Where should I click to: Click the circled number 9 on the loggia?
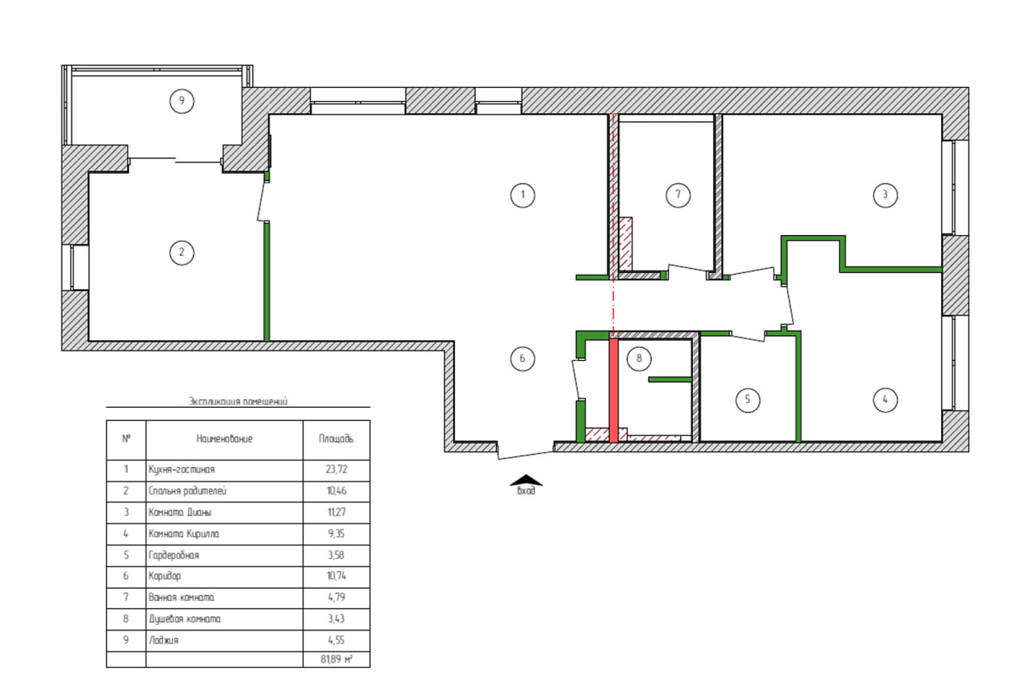[182, 101]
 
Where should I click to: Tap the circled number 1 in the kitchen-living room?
[523, 195]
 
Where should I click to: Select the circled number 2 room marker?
[182, 253]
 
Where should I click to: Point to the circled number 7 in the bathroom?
[678, 195]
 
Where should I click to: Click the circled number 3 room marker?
[885, 195]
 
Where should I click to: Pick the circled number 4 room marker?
[885, 400]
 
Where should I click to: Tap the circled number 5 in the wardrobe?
[748, 400]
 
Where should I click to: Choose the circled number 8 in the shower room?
[639, 359]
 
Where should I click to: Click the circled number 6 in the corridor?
[523, 359]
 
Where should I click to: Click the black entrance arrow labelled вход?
[526, 480]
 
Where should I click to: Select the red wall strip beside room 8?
[613, 390]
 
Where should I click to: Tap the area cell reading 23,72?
[336, 470]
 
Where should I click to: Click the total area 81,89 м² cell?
[336, 659]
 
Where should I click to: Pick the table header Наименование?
[225, 439]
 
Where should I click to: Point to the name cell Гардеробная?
[174, 555]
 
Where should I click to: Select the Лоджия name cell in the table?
[163, 641]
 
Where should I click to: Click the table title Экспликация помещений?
[237, 401]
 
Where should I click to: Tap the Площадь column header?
[336, 439]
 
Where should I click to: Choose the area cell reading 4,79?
[336, 598]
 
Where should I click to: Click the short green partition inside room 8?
[670, 380]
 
